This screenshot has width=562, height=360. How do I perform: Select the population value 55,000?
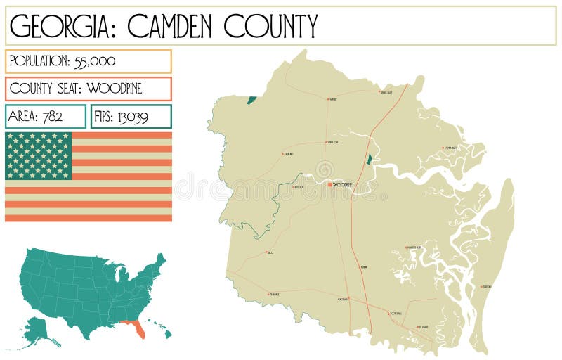(x=95, y=61)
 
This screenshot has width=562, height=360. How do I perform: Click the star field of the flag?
(x=39, y=155)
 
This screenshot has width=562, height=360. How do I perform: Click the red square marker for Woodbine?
(x=329, y=184)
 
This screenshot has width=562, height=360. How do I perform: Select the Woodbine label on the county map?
(x=342, y=185)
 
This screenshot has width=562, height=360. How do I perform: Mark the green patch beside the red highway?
(x=368, y=160)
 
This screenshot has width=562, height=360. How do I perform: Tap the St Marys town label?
(x=423, y=327)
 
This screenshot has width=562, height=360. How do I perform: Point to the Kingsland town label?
(x=396, y=313)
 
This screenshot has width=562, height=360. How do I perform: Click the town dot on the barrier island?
(x=482, y=287)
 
